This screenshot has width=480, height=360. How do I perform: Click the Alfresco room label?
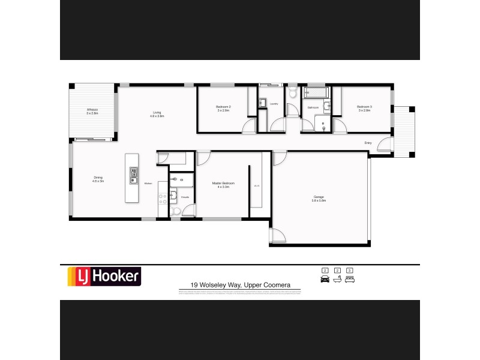pyautogui.click(x=92, y=112)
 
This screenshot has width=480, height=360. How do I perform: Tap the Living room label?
pyautogui.click(x=157, y=114)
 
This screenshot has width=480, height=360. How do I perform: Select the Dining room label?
pyautogui.click(x=98, y=179)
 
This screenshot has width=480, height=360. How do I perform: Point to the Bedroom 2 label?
pyautogui.click(x=223, y=109)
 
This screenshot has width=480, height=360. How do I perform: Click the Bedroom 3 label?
pyautogui.click(x=365, y=109)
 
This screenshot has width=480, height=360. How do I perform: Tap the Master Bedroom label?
pyautogui.click(x=223, y=185)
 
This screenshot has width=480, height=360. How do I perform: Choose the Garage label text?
pyautogui.click(x=318, y=199)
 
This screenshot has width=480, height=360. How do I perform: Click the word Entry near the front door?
pyautogui.click(x=368, y=143)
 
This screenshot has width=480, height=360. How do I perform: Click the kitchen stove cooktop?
pyautogui.click(x=161, y=198)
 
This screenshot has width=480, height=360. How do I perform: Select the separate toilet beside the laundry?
pyautogui.click(x=292, y=94)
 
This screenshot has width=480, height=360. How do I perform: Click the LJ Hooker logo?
pyautogui.click(x=103, y=276)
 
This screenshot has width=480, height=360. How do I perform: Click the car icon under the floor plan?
pyautogui.click(x=325, y=279)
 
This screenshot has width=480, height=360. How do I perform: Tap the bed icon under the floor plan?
pyautogui.click(x=350, y=279)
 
